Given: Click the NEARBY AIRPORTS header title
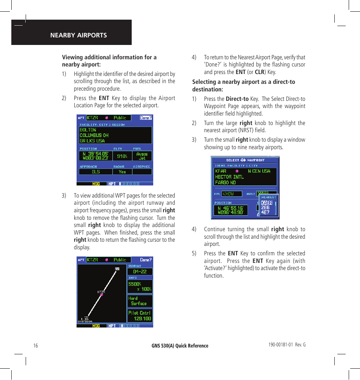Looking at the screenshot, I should (78, 35).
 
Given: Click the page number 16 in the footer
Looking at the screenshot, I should (35, 346).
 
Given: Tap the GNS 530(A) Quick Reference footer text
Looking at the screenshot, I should (180, 346).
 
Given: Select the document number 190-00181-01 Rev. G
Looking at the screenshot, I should (287, 345).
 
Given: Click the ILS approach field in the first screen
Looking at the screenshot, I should (96, 171).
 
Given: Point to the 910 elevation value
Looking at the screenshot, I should (122, 156).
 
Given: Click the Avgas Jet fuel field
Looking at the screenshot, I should (142, 156).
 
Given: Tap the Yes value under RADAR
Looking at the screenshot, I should (122, 171).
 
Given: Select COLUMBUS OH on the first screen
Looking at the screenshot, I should (94, 135).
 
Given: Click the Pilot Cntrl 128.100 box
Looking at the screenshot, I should (140, 316).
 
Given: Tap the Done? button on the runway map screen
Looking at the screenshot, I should (146, 260).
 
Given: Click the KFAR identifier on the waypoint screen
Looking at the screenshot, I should (221, 171).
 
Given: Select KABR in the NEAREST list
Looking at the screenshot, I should (267, 203).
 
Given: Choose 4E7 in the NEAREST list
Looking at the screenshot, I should (266, 212).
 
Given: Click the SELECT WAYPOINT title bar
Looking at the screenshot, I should (245, 160).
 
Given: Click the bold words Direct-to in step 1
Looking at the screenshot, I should (237, 99).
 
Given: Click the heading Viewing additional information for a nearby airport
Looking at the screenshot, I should (109, 61).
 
